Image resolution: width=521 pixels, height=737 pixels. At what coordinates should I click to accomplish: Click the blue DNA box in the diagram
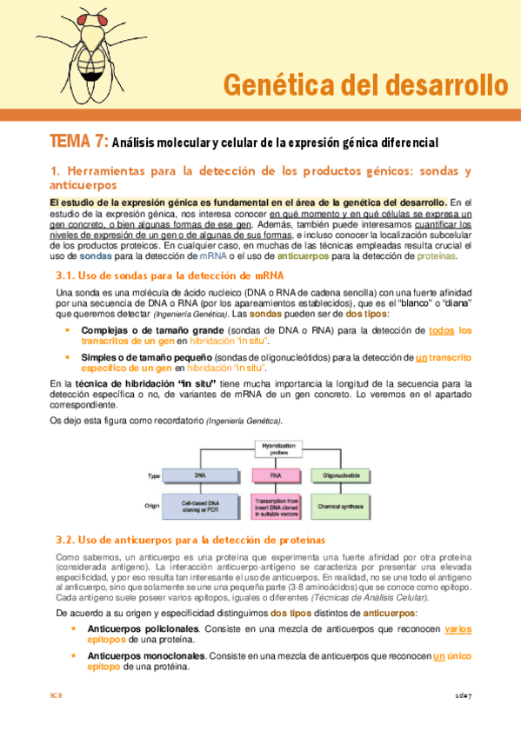[200, 476]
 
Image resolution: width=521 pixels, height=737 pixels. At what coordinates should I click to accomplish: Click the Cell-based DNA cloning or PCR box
[200, 505]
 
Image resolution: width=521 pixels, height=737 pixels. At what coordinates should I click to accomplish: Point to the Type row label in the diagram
[155, 476]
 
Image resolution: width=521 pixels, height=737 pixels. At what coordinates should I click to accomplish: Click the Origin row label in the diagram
[156, 505]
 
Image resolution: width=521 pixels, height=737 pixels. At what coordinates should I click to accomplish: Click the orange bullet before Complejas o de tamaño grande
[68, 330]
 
